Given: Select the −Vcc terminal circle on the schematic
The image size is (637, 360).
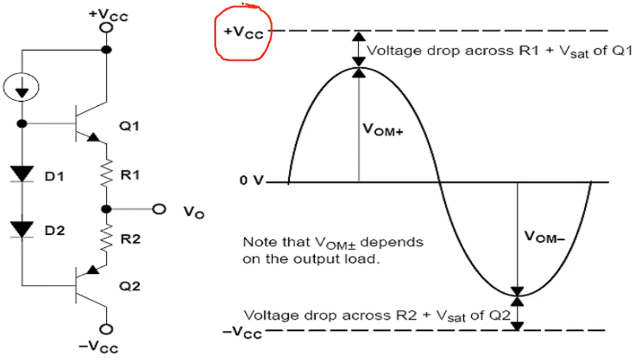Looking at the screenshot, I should click(106, 330).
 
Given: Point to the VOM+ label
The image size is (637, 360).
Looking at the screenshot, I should click(383, 131).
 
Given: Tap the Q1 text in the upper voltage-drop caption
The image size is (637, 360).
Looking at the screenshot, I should click(616, 51).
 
